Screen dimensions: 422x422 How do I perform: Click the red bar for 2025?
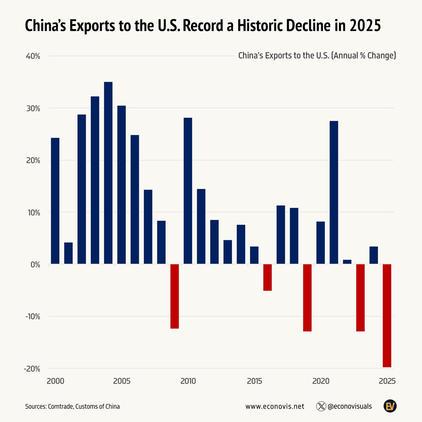[387, 315]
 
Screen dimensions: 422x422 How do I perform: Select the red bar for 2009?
[174, 296]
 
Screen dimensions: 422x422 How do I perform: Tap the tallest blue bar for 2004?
[108, 173]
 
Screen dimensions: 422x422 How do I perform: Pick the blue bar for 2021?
[334, 192]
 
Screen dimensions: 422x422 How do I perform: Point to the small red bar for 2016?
[267, 277]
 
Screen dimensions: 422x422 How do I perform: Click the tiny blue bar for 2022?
[347, 262]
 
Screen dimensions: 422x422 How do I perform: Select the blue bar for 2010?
[188, 191]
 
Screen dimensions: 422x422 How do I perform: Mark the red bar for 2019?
[307, 298]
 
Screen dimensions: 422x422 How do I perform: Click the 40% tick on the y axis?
[32, 56]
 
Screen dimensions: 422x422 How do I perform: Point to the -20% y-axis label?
[32, 369]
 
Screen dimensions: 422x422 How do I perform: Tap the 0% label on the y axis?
[34, 264]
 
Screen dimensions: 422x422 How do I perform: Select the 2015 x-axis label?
[254, 381]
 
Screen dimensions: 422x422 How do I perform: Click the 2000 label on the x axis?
[55, 381]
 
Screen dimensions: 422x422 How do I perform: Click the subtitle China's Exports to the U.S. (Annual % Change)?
[317, 56]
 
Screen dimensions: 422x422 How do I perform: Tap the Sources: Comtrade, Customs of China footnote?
[72, 407]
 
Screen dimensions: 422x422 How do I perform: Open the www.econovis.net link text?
[275, 407]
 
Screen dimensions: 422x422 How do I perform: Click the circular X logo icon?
[321, 407]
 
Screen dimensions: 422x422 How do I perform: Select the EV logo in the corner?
[390, 407]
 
